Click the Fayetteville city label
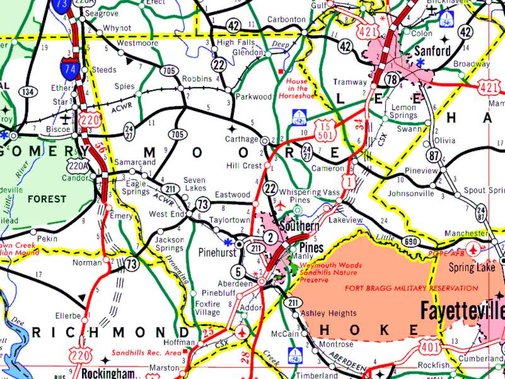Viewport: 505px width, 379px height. pos(462,310)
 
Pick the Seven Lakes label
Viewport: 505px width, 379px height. pos(195,184)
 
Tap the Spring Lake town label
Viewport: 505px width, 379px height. pos(468,267)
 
